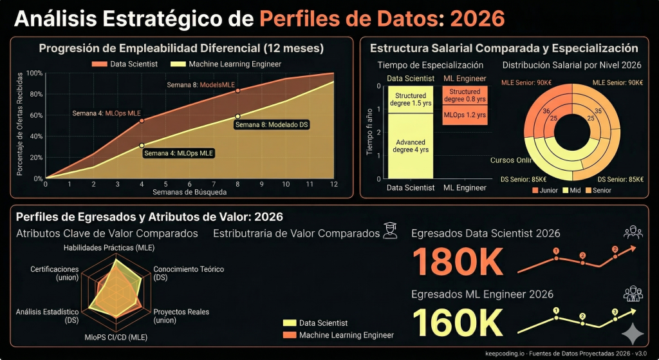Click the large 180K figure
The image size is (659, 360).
[457, 261]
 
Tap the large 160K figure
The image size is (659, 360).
[457, 323]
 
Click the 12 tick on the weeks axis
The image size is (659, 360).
[334, 184]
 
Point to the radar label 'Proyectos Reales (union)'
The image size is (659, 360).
[181, 316]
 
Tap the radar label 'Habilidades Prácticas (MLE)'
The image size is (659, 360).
[109, 247]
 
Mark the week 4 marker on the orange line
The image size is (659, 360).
[142, 120]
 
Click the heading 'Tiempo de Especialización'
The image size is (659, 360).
[430, 65]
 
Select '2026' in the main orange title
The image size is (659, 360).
[478, 19]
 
